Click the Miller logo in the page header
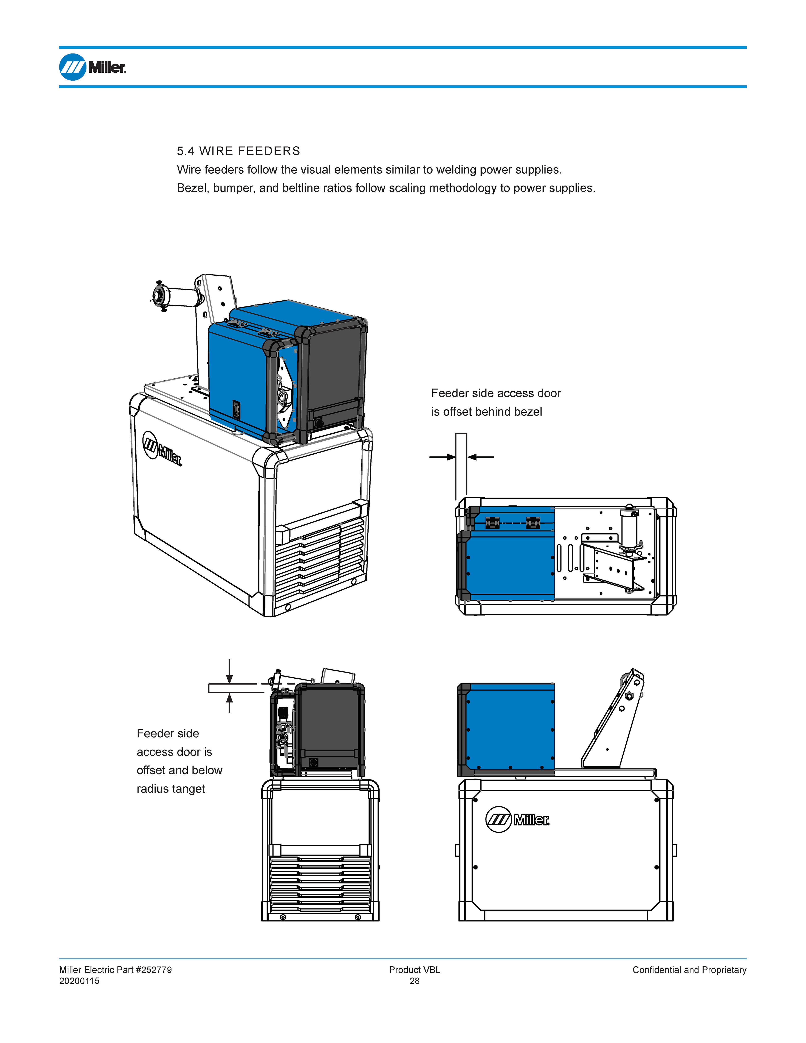pos(93,67)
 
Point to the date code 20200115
pos(79,981)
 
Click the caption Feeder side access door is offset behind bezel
pos(496,402)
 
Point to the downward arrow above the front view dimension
pos(230,672)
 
